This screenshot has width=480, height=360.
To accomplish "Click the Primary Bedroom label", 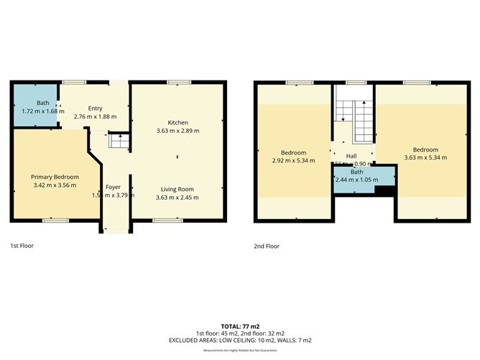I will (x=55, y=177).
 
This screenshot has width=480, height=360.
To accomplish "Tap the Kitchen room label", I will (x=177, y=122).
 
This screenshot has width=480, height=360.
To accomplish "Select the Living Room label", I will (x=177, y=188).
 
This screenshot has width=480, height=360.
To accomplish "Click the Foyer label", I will (x=114, y=187).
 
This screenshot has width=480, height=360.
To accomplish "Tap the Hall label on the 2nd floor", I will (x=351, y=156).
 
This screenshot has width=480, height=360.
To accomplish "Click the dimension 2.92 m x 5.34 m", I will (x=293, y=161).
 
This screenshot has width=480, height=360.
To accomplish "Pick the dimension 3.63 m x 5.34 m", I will (x=425, y=157).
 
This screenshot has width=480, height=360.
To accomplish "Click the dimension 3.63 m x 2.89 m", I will (x=177, y=131).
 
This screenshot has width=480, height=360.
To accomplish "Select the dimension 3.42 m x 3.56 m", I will (x=55, y=185).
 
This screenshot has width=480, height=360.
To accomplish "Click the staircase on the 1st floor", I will (x=117, y=141).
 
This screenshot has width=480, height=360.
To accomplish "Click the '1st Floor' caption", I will (x=22, y=245).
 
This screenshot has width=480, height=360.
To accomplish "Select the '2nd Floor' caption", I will (x=267, y=245).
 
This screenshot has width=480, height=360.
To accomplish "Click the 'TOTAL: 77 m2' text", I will (x=240, y=326).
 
